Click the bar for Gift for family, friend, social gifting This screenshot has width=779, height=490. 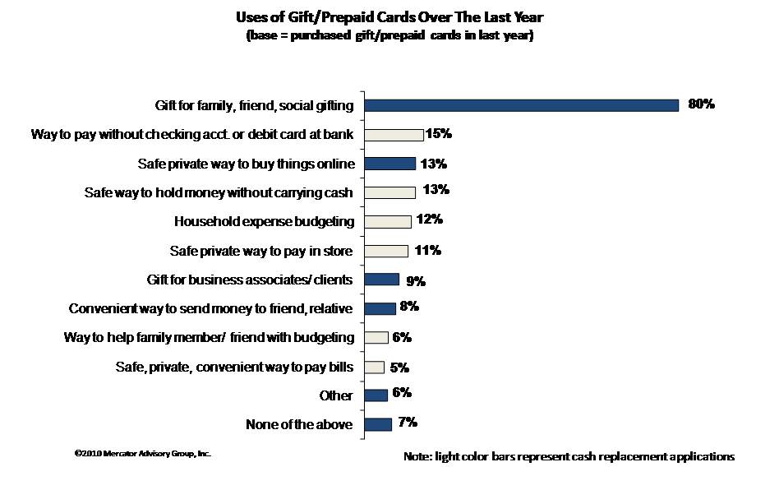coord(521,105)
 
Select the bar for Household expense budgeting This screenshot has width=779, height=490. coord(387,221)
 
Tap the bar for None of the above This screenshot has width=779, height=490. coord(377,424)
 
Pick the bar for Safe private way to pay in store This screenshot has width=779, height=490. coord(385,251)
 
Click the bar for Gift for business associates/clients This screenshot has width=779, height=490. coord(381,280)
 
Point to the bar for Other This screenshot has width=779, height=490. coord(376,395)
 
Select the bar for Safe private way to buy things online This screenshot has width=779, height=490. coord(389,164)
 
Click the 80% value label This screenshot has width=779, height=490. coord(702,104)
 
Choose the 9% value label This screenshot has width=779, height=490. coord(415,281)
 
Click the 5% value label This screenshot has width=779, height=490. coord(399,367)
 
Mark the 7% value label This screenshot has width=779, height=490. coord(408,423)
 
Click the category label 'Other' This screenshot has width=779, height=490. coord(337,396)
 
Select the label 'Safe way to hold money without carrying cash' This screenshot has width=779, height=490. coord(219,192)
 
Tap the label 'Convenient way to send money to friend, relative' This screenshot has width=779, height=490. coord(211,309)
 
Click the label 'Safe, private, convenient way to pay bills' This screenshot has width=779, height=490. coord(234,367)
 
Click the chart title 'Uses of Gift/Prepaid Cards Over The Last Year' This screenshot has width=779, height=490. coord(389,16)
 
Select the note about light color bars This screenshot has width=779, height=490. coord(569,456)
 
